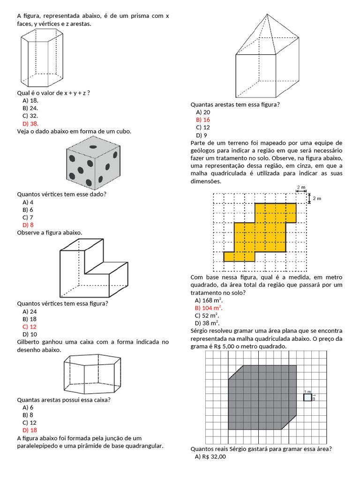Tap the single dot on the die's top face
point(93,147)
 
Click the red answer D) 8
point(28,225)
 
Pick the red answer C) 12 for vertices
point(30,327)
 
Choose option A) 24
point(30,311)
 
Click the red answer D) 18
point(30,430)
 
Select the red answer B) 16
point(203,120)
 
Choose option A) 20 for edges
point(203,112)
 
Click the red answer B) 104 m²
point(209,308)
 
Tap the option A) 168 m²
point(209,300)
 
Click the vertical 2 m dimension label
point(317,199)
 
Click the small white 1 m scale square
point(307,397)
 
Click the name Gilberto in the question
point(30,342)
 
